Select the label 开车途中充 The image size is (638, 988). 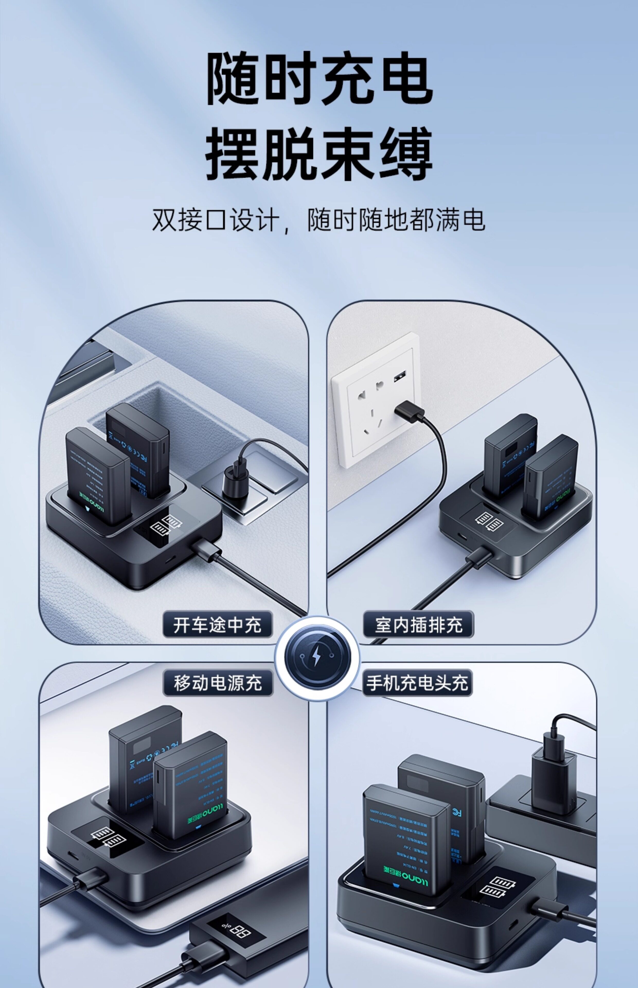click(217, 624)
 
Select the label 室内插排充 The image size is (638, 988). click(418, 624)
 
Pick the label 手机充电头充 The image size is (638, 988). click(417, 683)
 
